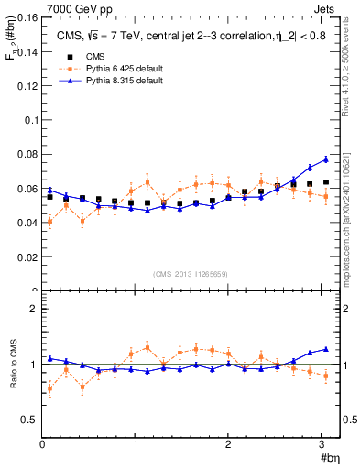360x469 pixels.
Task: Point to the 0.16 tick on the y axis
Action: tap(27, 18)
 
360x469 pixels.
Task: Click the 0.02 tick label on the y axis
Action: tap(27, 257)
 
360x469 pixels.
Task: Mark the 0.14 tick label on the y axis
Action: tap(27, 52)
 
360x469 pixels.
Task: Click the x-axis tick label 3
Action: tap(322, 445)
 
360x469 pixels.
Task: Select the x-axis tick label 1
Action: tap(136, 445)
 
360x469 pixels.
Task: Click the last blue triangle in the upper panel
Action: tap(325, 159)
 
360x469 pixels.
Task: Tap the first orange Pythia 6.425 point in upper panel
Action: tap(49, 222)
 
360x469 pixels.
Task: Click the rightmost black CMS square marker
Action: tap(325, 182)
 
